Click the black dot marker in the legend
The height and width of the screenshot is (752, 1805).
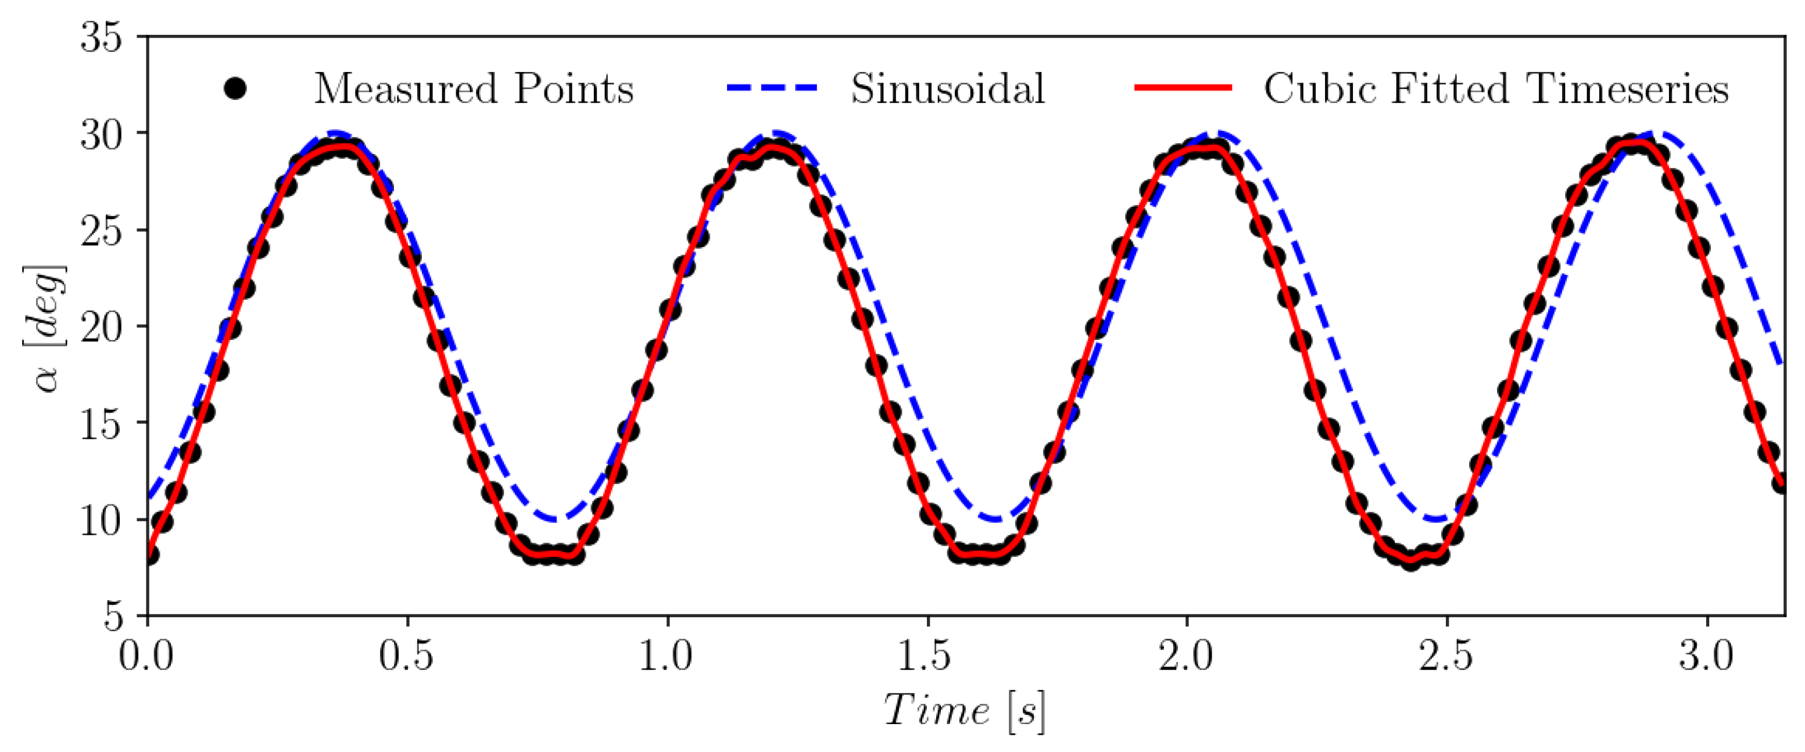(x=235, y=89)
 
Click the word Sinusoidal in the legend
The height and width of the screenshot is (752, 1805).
(x=947, y=89)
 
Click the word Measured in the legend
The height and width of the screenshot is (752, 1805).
(x=405, y=89)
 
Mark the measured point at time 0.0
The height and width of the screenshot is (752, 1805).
(x=149, y=555)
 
